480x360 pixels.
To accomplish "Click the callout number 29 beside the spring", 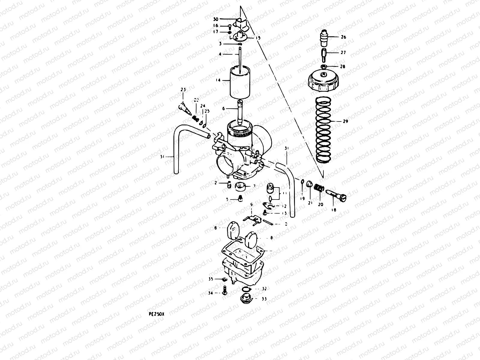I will click(345, 121).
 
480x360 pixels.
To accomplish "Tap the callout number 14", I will click(218, 80).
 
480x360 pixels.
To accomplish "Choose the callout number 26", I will click(343, 37).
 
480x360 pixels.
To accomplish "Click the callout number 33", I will click(264, 299).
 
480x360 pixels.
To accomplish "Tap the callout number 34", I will click(211, 293).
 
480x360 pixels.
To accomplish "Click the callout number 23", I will click(183, 90).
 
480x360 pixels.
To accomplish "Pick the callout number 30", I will click(224, 19).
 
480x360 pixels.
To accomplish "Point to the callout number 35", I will click(211, 279).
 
